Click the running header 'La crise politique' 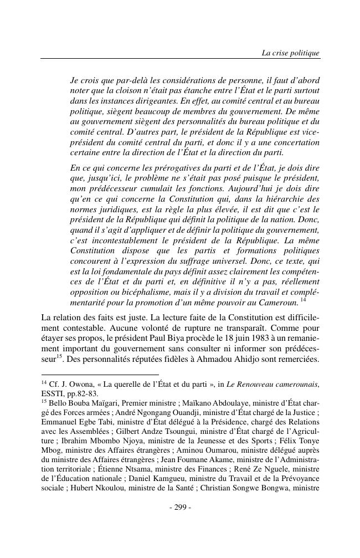point(290,53)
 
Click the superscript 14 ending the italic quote point(303,300)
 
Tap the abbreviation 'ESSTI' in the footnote point(53,393)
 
